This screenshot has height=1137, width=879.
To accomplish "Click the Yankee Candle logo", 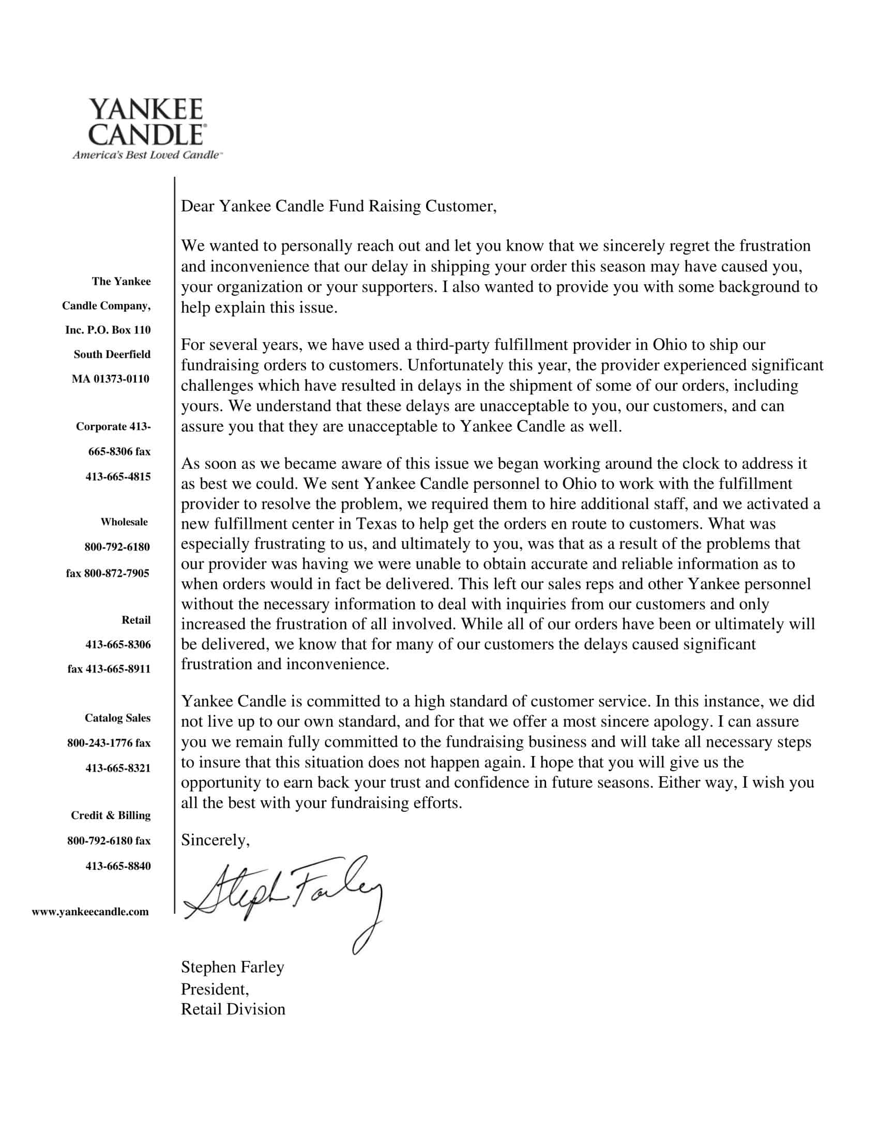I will click(146, 122).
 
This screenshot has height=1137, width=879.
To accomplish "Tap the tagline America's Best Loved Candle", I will click(146, 155).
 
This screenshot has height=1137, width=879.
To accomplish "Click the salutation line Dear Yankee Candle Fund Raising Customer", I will click(339, 206).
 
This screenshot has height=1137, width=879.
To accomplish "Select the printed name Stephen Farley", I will click(232, 967).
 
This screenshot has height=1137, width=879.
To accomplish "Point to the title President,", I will click(215, 989).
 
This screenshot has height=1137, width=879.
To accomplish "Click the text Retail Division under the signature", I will click(233, 1009).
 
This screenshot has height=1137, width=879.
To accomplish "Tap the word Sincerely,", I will click(215, 840).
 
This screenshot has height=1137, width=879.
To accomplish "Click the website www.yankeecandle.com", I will click(90, 912).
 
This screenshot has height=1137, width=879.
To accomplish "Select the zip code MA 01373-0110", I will click(111, 378).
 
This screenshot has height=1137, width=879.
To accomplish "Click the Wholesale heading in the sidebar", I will click(124, 521).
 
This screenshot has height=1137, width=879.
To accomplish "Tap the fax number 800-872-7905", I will click(107, 573).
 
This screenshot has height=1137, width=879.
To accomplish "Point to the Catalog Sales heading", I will click(117, 718).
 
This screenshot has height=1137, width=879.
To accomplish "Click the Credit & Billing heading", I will click(111, 815).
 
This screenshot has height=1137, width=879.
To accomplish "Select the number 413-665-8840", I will click(118, 866).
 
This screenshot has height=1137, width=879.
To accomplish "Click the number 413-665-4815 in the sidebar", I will click(118, 477).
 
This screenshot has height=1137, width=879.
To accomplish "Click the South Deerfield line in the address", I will click(112, 354).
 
